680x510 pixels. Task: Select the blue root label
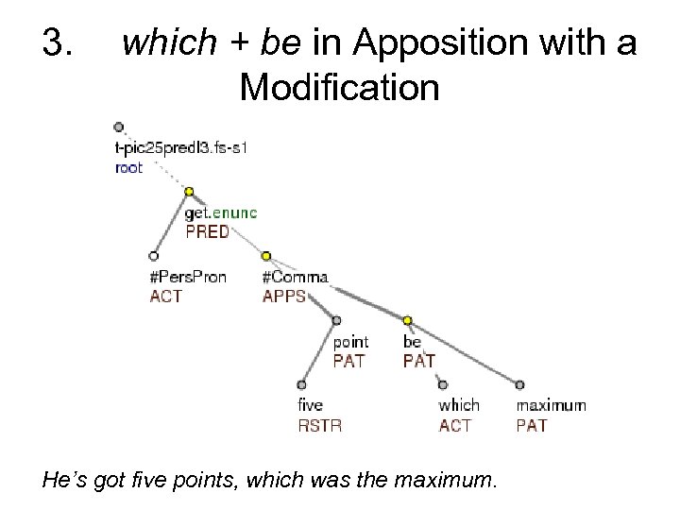click(x=128, y=167)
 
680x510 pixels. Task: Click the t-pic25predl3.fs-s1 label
click(x=178, y=150)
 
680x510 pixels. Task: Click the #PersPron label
click(x=188, y=277)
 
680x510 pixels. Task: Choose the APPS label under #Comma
click(x=284, y=295)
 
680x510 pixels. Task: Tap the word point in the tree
click(x=349, y=342)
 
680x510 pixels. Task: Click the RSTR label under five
click(x=319, y=425)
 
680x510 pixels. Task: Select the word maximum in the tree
click(x=551, y=406)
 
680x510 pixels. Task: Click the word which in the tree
click(x=459, y=406)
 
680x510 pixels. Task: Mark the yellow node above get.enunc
click(x=189, y=192)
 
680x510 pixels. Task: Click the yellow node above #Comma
click(x=266, y=255)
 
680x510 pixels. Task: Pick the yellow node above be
click(x=408, y=320)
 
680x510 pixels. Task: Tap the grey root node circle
click(x=117, y=127)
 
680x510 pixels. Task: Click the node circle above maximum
click(x=519, y=384)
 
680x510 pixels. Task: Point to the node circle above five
click(x=301, y=384)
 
